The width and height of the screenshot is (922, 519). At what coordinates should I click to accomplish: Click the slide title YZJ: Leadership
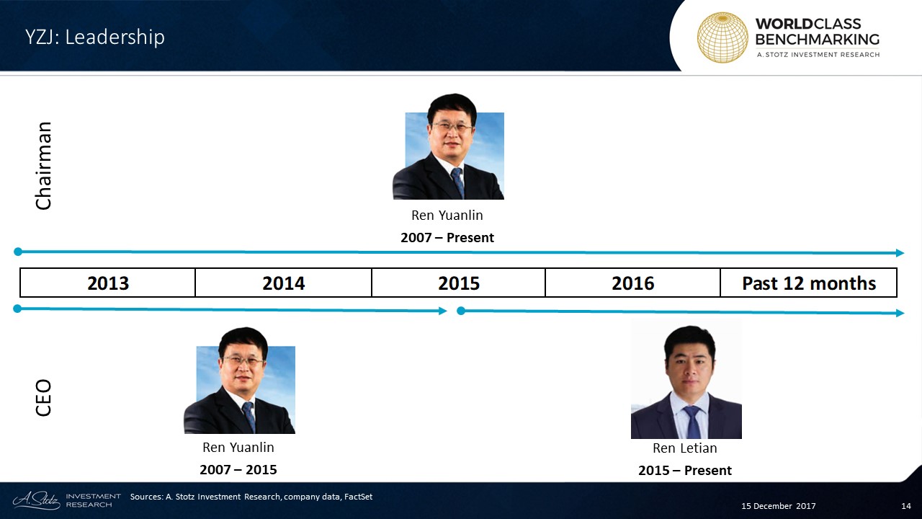[x=94, y=37]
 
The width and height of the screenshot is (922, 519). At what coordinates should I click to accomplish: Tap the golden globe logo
[x=722, y=37]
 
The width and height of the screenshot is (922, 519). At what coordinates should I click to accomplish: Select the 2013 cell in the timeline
[x=108, y=283]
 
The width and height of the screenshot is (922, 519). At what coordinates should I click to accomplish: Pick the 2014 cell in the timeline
[x=284, y=283]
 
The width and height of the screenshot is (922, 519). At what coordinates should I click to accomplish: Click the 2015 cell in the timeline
[x=459, y=283]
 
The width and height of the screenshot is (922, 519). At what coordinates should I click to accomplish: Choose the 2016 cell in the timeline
[x=632, y=283]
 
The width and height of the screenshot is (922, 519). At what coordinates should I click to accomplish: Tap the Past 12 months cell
[x=809, y=283]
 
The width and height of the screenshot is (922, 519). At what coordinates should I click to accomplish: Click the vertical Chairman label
[x=44, y=166]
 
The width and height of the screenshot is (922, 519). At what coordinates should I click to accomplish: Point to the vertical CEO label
[x=44, y=398]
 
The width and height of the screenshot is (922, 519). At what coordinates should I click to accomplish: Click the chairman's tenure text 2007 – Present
[x=447, y=238]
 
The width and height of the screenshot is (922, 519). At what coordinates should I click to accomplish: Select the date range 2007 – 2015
[x=238, y=469]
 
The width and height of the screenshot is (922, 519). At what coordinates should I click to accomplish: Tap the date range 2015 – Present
[x=685, y=471]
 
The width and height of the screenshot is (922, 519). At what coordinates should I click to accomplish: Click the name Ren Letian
[x=685, y=448]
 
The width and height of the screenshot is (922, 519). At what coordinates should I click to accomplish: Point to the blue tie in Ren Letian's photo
[x=692, y=422]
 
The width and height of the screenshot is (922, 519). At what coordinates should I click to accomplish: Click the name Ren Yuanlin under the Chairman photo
[x=447, y=215]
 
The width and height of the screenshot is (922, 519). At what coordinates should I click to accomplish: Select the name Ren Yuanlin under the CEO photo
[x=238, y=448]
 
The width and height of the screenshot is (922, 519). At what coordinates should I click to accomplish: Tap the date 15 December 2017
[x=779, y=506]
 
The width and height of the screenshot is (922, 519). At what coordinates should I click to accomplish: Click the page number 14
[x=906, y=506]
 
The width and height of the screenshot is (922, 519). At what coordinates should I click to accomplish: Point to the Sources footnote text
[x=251, y=497]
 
